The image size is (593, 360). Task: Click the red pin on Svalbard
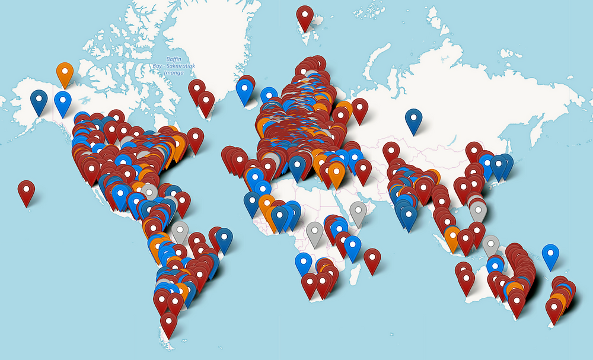[x=305, y=17]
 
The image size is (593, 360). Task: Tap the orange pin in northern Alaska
[x=65, y=73]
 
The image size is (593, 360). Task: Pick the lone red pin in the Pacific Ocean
[x=26, y=191]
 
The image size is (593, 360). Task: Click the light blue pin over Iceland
[x=244, y=90]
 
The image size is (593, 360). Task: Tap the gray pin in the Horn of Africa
[x=358, y=212]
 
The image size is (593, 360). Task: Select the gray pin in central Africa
[x=315, y=232]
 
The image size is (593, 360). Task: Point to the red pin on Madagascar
[x=372, y=259]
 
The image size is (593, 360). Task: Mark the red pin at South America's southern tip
[x=168, y=323]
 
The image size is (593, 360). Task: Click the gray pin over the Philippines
[x=479, y=209]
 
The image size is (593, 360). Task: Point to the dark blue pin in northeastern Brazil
[x=224, y=238]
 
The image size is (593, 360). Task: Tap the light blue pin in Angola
[x=304, y=263]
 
